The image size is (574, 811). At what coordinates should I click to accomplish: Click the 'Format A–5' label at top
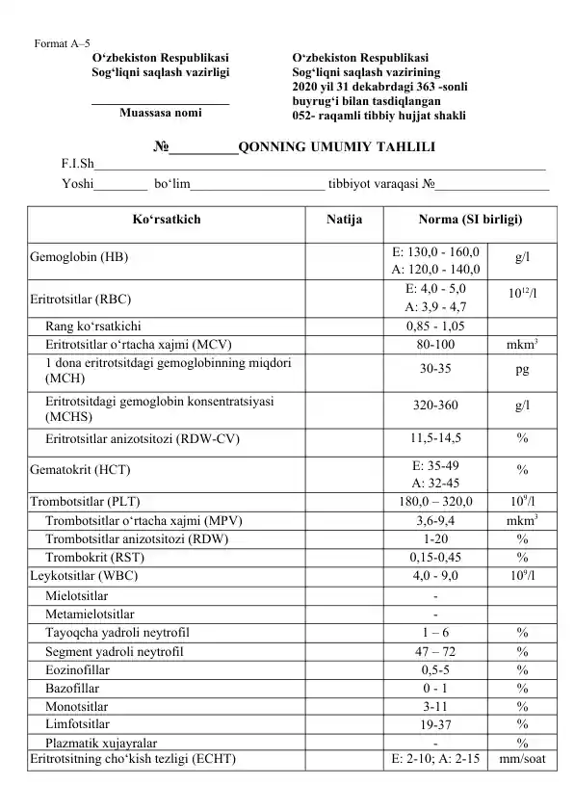tap(62, 43)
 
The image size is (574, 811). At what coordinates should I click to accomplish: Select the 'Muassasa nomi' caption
tap(160, 113)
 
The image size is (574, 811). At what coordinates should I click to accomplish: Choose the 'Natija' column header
tap(344, 220)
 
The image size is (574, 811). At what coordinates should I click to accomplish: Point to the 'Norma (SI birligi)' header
tap(471, 220)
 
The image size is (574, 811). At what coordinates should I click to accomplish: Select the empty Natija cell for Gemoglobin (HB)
tap(344, 258)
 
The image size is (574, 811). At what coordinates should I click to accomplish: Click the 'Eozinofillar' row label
tap(77, 668)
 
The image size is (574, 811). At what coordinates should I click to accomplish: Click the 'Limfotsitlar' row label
tap(77, 723)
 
